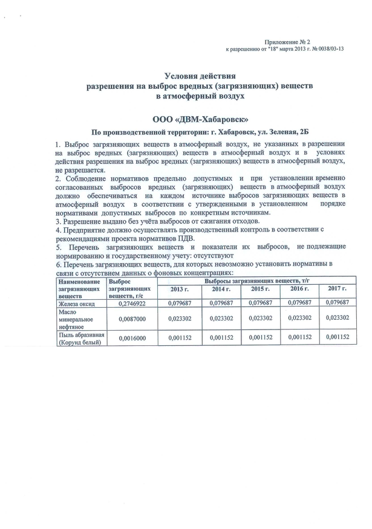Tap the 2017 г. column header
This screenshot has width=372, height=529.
337,290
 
